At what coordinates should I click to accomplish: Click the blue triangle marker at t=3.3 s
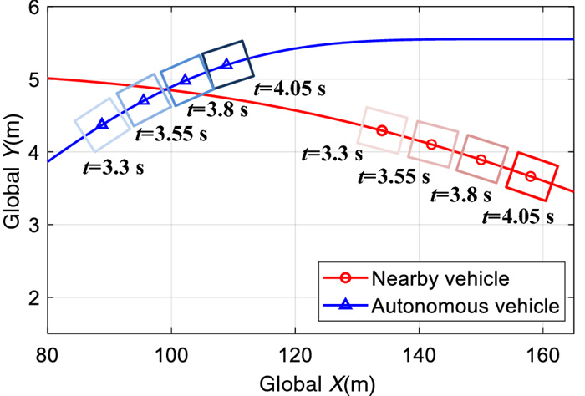[102, 124]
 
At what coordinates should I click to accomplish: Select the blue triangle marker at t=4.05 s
[226, 63]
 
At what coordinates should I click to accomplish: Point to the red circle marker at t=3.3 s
[382, 130]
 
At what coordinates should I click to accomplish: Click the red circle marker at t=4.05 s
[531, 176]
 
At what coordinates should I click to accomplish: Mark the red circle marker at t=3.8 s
[481, 160]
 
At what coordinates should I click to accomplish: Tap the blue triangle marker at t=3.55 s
[144, 100]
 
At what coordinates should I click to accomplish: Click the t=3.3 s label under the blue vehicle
[114, 167]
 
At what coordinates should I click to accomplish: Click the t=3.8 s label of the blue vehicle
[218, 109]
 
